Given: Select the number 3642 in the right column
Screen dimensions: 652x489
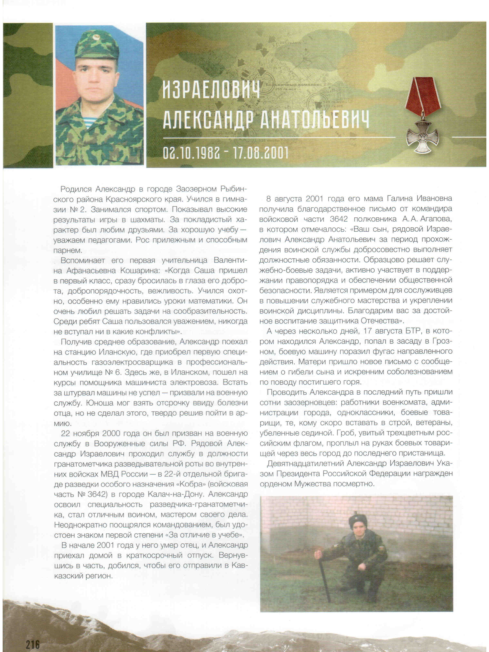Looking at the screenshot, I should pyautogui.click(x=339, y=219).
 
